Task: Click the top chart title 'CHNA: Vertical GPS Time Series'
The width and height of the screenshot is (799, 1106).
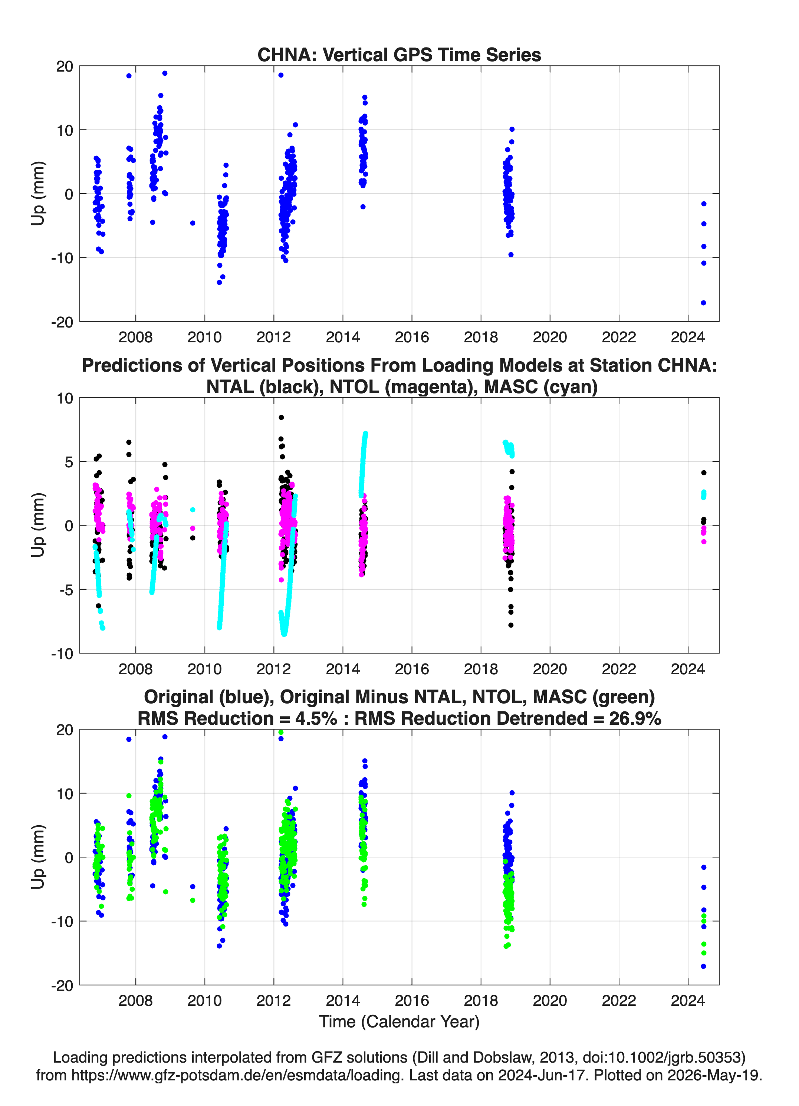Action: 399,55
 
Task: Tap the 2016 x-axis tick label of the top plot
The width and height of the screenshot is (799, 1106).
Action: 412,337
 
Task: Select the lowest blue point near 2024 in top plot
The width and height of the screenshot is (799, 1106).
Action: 703,303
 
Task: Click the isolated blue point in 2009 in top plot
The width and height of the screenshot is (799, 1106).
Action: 193,223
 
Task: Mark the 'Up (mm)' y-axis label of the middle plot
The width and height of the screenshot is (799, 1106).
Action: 38,525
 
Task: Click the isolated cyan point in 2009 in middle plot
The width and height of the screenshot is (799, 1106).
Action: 193,510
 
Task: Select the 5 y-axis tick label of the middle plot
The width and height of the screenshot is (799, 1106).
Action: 69,462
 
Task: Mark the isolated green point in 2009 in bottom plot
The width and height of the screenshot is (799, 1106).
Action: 193,900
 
